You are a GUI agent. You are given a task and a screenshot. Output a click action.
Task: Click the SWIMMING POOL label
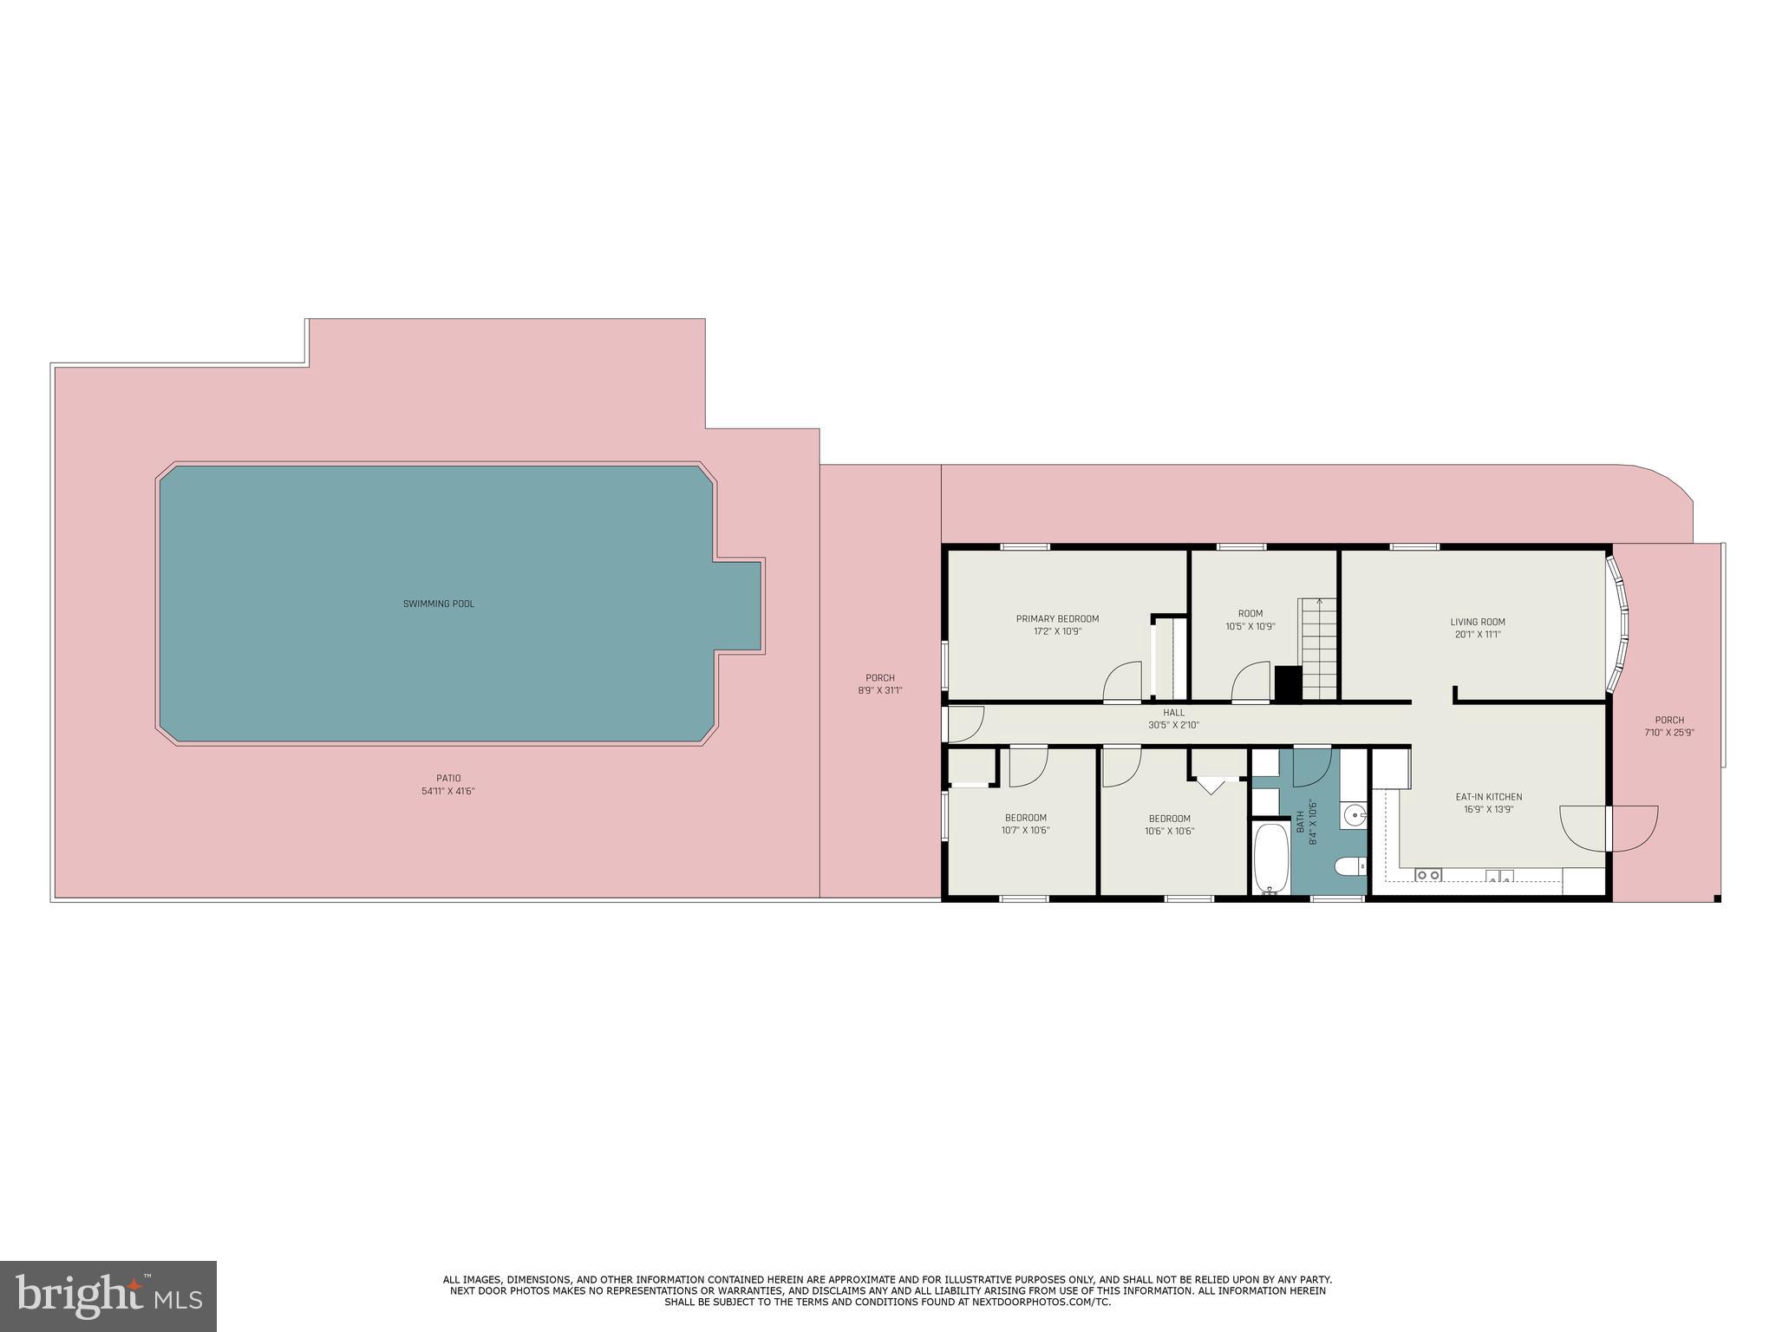coord(438,604)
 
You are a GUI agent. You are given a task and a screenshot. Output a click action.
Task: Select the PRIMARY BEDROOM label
coord(1057,619)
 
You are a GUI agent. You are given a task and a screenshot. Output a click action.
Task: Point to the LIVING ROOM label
coord(1478,622)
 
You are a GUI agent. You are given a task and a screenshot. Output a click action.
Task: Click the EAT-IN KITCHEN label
coord(1488,797)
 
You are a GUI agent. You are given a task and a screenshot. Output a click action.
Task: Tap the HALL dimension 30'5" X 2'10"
coord(1173,725)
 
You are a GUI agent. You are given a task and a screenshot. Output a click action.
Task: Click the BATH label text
coord(1300,822)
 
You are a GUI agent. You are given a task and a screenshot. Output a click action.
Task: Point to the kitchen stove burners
coord(1427,875)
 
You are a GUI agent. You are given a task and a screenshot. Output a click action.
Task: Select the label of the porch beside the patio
coord(879,678)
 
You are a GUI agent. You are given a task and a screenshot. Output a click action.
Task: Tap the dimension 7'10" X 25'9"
coord(1668,732)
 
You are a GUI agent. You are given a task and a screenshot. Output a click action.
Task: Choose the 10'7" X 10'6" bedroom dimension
coord(1025,831)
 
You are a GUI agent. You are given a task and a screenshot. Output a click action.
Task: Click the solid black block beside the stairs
coord(1288,683)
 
